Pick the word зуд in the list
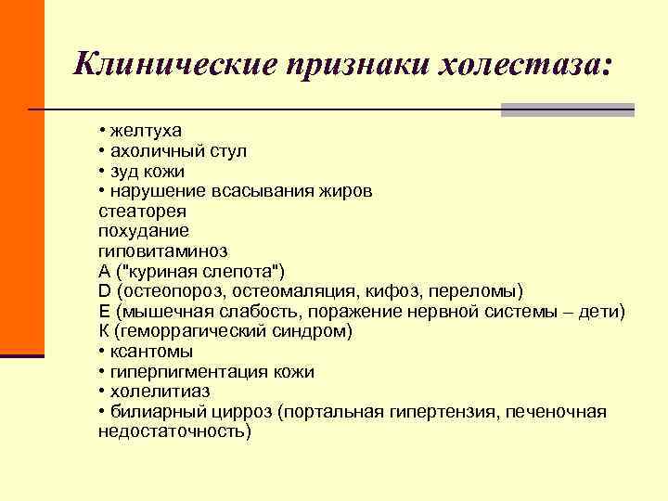pyautogui.click(x=124, y=171)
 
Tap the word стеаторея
pyautogui.click(x=135, y=212)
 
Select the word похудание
pyautogui.click(x=143, y=231)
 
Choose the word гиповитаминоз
pyautogui.click(x=162, y=251)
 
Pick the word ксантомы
pyautogui.click(x=151, y=352)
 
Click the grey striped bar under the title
pyautogui.click(x=567, y=109)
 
